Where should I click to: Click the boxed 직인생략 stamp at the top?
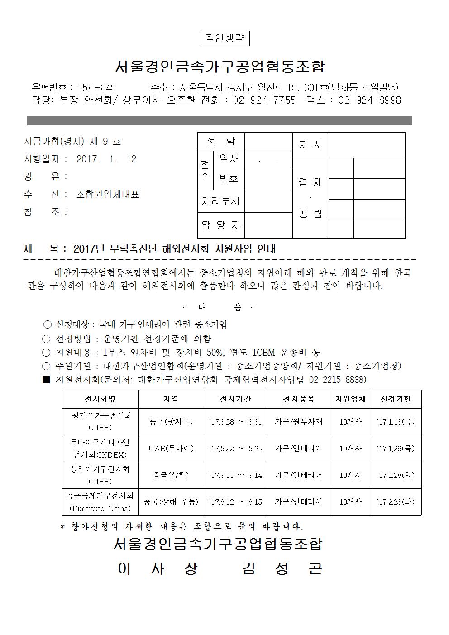(224, 38)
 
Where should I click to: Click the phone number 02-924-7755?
(264, 100)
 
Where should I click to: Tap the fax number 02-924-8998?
(369, 100)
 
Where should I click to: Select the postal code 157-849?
(97, 87)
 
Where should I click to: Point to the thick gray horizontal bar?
(220, 120)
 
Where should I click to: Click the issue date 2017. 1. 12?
(106, 159)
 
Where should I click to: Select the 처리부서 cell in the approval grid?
(220, 201)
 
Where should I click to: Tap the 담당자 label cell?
(220, 225)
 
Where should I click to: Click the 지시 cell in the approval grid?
(310, 145)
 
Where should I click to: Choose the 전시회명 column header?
(100, 399)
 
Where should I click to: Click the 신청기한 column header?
(396, 399)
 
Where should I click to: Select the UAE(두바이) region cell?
(171, 449)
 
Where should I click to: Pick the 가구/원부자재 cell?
(299, 422)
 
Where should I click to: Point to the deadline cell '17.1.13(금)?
(396, 422)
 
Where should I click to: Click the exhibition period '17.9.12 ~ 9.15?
(235, 502)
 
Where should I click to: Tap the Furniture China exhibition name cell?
(100, 502)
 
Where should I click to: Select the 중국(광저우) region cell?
(171, 422)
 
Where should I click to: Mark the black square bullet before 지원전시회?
(46, 380)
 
